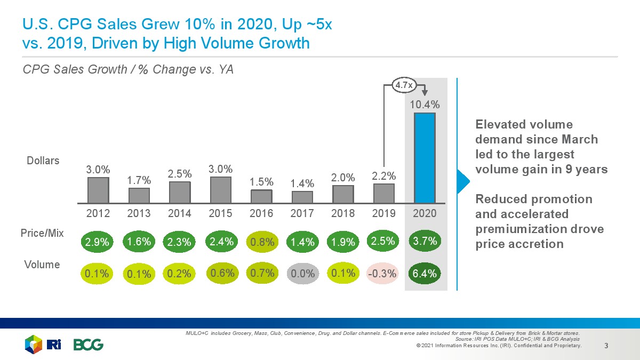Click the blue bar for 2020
[425, 158]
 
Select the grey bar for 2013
[139, 195]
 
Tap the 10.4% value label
[425, 105]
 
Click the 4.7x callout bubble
[402, 84]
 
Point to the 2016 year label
[262, 213]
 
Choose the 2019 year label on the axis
[383, 213]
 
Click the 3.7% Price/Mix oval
[425, 241]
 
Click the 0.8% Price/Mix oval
[262, 242]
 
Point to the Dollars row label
[43, 160]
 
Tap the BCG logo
[89, 345]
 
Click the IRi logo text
[54, 345]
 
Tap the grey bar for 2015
[221, 190]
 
